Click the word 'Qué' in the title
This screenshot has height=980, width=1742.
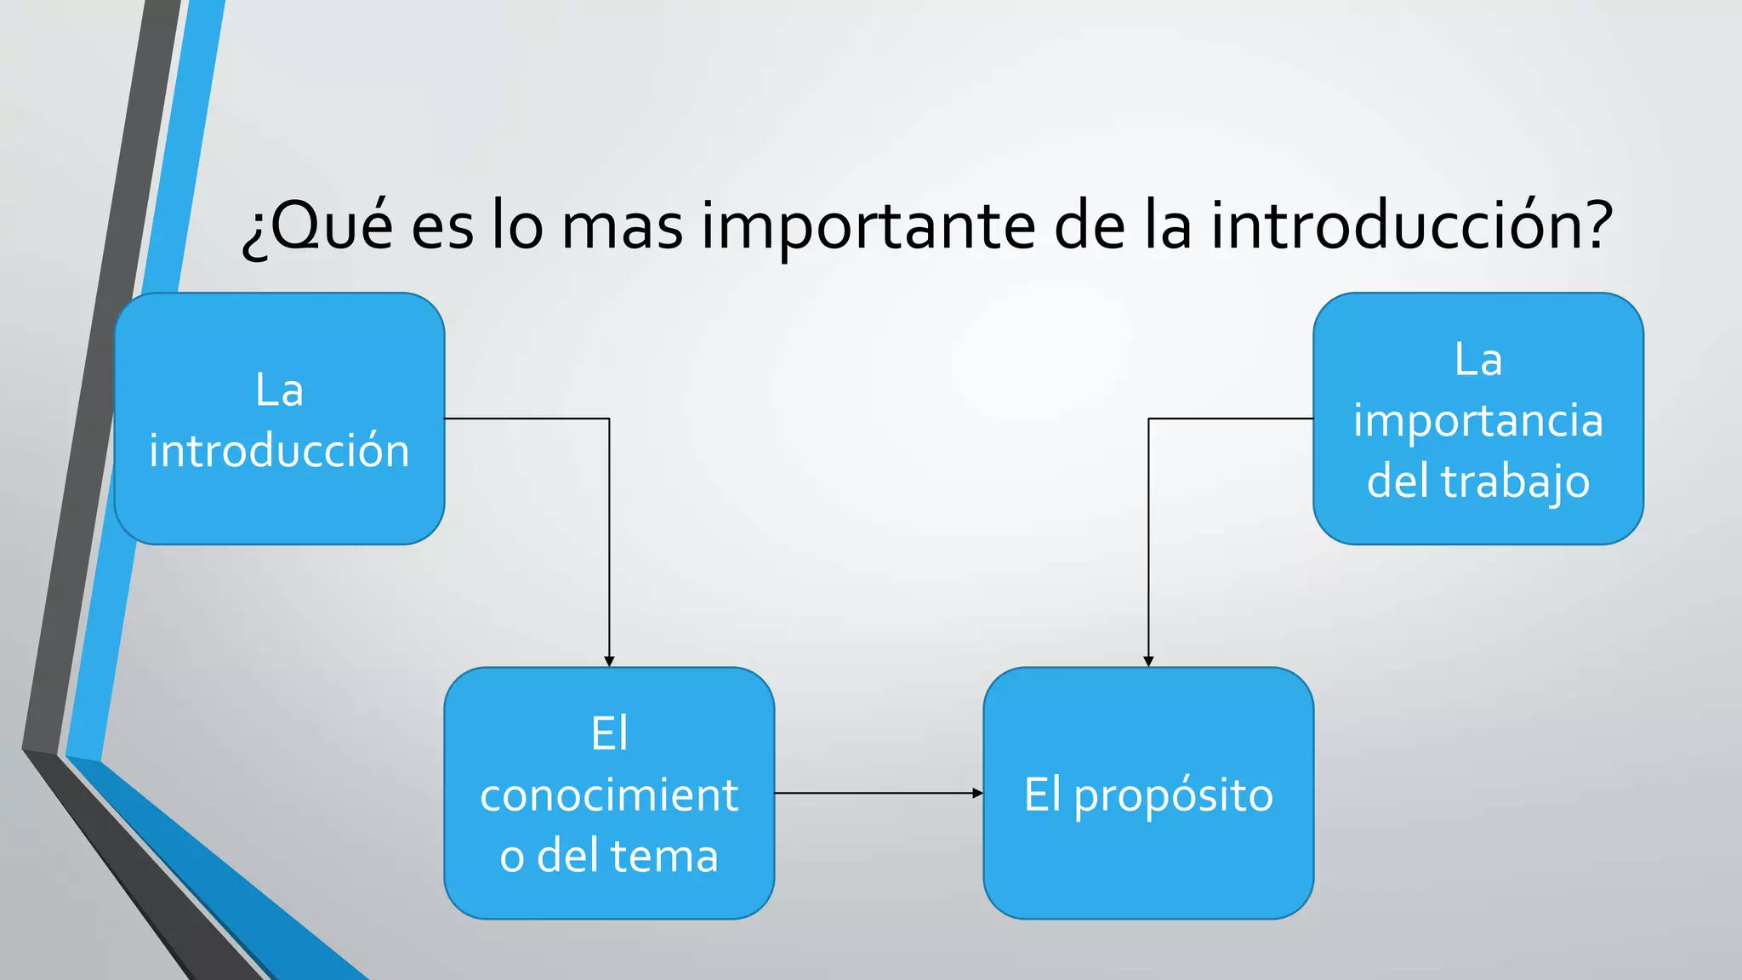327,226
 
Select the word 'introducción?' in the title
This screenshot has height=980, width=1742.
1412,226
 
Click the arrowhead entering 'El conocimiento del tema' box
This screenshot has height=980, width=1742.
609,661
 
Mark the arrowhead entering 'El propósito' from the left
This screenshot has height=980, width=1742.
977,793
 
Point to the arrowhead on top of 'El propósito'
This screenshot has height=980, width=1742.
1148,661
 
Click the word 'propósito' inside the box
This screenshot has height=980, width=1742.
1173,796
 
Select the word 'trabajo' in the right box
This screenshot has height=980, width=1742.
1515,481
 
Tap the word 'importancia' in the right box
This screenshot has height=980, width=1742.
1477,420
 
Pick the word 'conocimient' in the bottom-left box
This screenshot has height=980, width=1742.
609,795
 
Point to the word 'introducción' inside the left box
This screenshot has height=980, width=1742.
279,450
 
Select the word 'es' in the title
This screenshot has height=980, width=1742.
442,226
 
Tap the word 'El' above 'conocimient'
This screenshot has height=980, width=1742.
609,733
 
